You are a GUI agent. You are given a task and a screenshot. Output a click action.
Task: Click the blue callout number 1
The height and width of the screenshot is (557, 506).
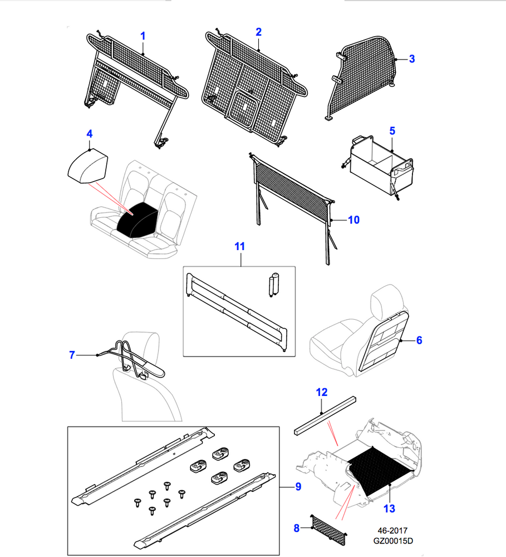(x=143, y=36)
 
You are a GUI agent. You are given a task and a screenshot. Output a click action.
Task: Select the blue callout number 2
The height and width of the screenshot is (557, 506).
(x=258, y=32)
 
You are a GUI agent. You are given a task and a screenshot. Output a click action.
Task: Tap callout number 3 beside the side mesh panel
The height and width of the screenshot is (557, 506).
(x=411, y=59)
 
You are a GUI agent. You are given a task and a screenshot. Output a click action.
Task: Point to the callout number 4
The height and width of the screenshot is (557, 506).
(x=89, y=133)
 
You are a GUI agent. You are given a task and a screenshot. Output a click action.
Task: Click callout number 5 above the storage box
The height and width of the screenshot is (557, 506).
(x=392, y=131)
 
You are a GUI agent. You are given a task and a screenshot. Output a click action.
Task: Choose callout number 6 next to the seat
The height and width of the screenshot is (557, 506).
(x=419, y=340)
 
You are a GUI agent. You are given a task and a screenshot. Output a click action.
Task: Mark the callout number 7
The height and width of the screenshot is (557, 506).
(x=72, y=354)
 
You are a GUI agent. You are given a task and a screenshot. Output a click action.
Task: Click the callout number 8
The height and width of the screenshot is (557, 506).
(x=296, y=527)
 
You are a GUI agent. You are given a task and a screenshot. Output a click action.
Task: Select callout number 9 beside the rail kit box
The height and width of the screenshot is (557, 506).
(x=298, y=487)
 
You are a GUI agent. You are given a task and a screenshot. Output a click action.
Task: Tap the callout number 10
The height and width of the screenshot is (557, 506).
(x=353, y=220)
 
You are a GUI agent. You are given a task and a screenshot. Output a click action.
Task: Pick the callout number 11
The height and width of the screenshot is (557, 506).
(x=239, y=246)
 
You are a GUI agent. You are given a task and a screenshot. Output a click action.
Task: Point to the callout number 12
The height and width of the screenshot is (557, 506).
(x=322, y=392)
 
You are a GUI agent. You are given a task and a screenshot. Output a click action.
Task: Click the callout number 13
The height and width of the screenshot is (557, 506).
(x=389, y=508)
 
